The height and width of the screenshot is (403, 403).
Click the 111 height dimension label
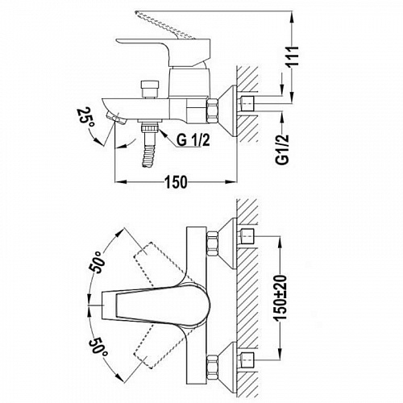click(x=292, y=56)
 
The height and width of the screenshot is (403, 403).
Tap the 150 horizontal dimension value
click(x=176, y=182)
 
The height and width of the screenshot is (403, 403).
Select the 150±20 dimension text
click(x=281, y=297)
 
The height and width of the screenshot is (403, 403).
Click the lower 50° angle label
click(x=97, y=348)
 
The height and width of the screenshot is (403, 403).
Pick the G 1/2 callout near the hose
click(x=193, y=140)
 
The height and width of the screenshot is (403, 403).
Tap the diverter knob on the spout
click(x=150, y=89)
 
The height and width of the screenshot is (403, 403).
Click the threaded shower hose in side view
click(x=148, y=145)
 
